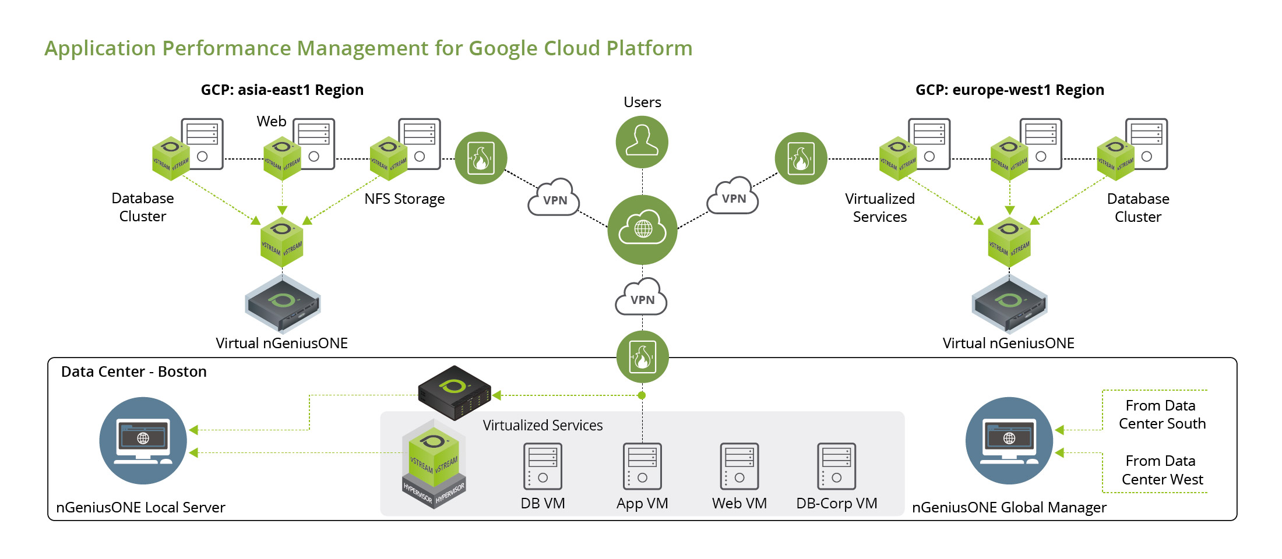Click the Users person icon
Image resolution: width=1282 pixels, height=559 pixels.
642,141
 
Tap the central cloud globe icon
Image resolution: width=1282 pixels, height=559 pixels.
642,229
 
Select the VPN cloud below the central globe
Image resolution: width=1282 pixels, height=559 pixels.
642,298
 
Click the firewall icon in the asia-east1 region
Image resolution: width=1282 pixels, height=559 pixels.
481,158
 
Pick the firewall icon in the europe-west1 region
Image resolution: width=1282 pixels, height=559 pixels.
801,158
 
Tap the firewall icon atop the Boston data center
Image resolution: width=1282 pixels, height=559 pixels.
642,356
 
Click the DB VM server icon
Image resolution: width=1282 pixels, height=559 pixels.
543,466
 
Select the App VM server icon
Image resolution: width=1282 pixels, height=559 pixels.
642,466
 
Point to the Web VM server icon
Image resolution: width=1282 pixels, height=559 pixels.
739,466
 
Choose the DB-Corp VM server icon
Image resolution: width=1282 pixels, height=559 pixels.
836,466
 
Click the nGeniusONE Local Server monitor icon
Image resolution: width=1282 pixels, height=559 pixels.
143,440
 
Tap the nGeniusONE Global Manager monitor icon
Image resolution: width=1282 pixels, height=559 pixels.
1009,440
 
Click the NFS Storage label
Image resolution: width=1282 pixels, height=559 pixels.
404,199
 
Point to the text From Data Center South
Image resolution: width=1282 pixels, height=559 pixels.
1161,414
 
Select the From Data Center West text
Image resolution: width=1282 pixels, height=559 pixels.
1161,470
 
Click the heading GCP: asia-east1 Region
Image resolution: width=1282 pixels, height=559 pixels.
282,90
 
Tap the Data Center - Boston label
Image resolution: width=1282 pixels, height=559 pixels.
133,372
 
